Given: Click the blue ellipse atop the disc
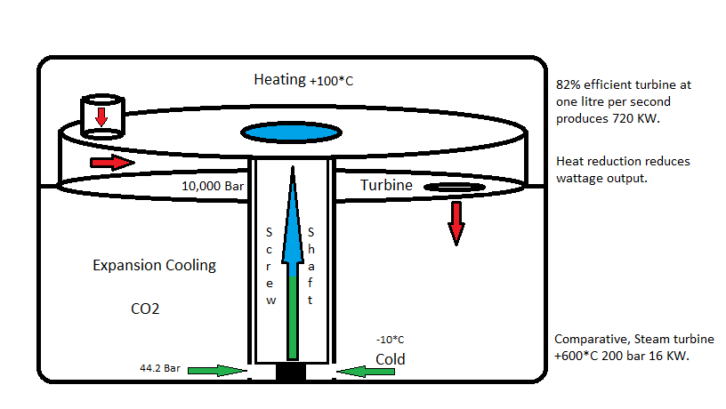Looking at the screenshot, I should coord(292,133).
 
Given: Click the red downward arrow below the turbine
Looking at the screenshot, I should coord(456,222).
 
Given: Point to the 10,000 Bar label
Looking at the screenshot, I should coord(211,187).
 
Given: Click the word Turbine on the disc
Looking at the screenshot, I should coord(386,185).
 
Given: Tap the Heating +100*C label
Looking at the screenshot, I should coord(304,80).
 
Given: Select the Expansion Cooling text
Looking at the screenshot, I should coord(154,265).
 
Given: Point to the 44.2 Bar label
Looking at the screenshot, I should coord(159,367).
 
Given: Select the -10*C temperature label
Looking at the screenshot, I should coord(390,340).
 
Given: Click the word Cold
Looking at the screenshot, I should coord(390,359).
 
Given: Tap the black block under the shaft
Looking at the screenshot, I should coord(290,373).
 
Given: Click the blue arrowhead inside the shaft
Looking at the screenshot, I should coord(291,222).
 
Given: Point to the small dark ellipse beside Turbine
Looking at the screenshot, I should coord(454,187).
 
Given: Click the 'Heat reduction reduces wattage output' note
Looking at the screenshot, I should coord(623,169).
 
